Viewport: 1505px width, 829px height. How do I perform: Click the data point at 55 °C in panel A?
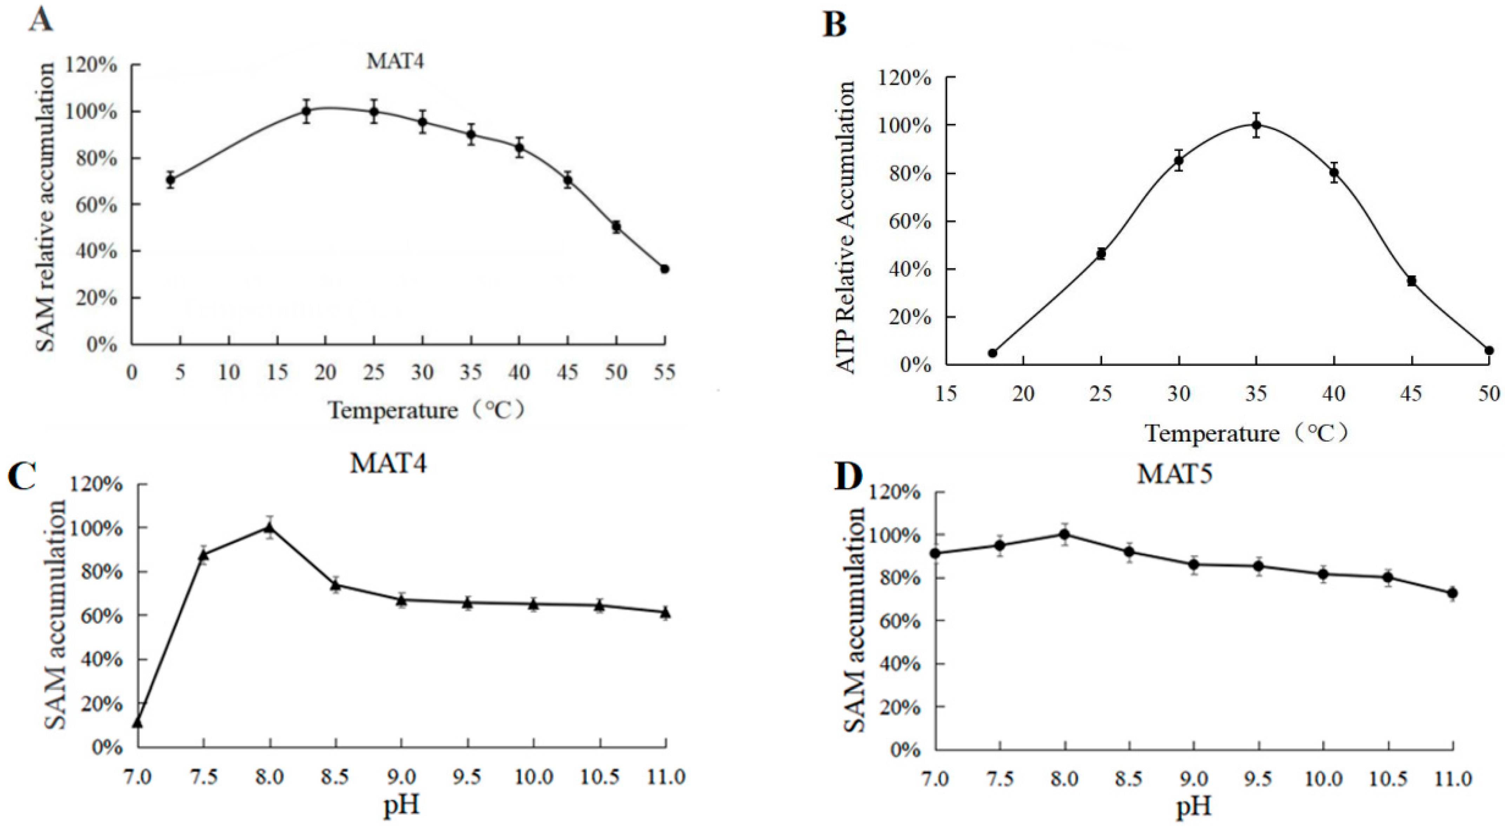tap(664, 269)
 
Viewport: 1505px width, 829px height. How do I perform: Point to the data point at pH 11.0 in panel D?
tap(1452, 593)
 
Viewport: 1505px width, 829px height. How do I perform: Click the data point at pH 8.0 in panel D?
tap(1065, 534)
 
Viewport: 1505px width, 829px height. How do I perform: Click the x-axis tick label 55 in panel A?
tap(664, 372)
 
